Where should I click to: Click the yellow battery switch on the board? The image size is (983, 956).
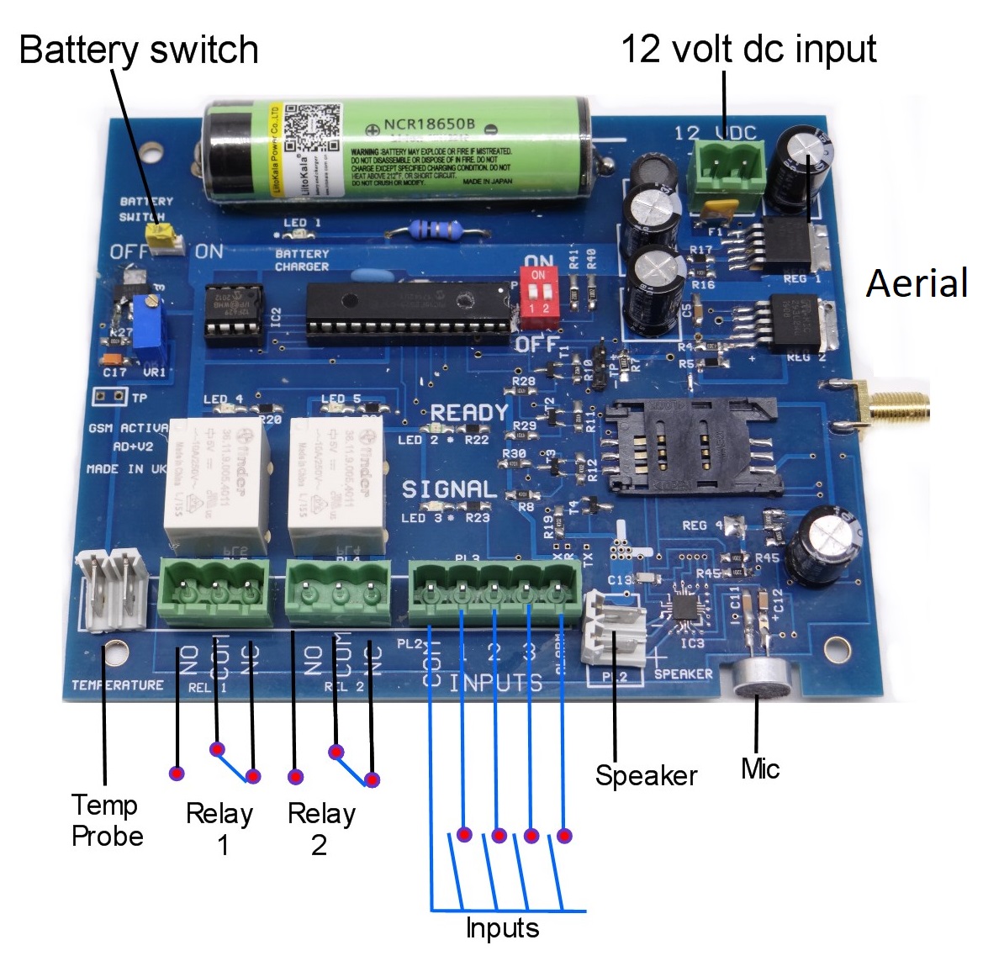tap(162, 238)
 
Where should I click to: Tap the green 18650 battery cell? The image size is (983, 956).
tap(395, 152)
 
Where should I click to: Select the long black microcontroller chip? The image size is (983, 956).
tap(407, 312)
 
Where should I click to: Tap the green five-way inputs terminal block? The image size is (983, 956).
tap(494, 594)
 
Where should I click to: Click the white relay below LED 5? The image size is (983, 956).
tap(336, 483)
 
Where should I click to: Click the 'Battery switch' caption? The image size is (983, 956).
tap(139, 50)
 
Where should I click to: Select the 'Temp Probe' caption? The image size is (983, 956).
tap(107, 821)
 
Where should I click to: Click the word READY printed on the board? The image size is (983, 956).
tap(469, 413)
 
